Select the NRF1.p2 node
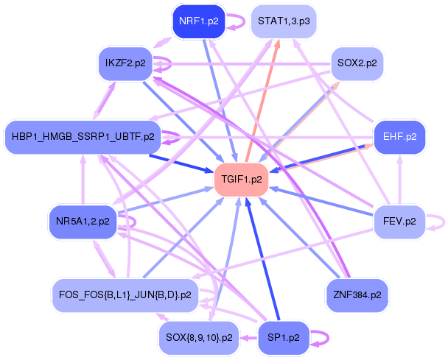tap(197, 22)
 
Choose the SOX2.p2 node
tap(357, 63)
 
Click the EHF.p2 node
tap(400, 137)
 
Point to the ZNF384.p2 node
tap(357, 295)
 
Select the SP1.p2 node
tap(284, 339)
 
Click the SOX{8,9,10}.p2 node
tap(199, 339)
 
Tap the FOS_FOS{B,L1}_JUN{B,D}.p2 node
tap(125, 295)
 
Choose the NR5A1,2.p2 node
tap(82, 221)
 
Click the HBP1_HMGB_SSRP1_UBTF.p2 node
tap(82, 137)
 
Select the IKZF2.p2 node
tap(125, 63)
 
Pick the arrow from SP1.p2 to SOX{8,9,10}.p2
tap(248, 339)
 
